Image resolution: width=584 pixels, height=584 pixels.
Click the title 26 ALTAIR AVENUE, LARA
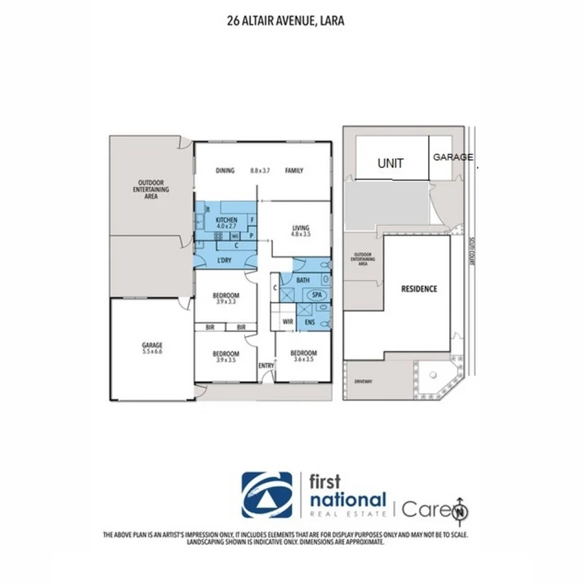(286, 21)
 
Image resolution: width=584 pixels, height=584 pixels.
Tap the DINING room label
(225, 171)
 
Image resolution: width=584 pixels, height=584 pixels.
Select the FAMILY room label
(294, 171)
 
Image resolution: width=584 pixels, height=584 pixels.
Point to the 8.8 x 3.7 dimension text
(260, 171)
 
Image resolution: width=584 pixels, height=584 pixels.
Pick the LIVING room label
(300, 228)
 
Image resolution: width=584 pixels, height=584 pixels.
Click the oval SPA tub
(317, 295)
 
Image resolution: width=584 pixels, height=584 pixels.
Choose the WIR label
(287, 321)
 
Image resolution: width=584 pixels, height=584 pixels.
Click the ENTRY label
(266, 366)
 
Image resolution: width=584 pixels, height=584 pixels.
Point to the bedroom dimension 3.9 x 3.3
(226, 302)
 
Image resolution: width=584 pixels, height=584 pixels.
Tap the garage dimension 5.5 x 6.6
(152, 351)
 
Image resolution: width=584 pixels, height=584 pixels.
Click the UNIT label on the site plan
(390, 163)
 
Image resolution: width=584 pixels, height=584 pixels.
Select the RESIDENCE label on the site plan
(419, 289)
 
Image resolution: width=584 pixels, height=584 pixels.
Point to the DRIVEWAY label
(364, 382)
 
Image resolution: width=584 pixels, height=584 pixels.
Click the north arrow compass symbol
(461, 509)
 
